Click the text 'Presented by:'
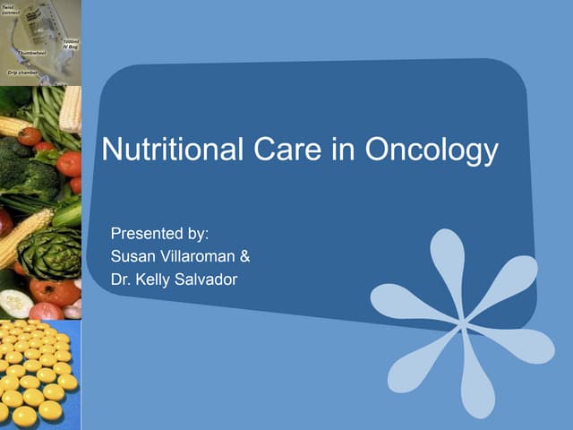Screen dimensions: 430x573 tap(159, 235)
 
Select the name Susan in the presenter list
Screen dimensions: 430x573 tap(131, 257)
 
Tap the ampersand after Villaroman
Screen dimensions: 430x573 tap(245, 257)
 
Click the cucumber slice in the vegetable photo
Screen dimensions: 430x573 tap(16, 303)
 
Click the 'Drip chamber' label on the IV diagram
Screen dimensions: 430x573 tap(21, 70)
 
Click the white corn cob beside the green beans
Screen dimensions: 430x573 tap(71, 107)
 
